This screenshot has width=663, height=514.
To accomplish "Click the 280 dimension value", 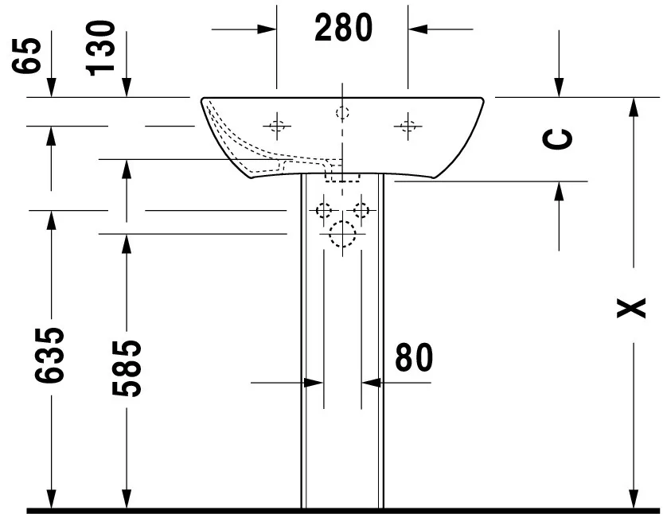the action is (x=343, y=28).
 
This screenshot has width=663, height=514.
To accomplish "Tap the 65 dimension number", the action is (x=26, y=56).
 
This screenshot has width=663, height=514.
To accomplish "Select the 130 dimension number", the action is (x=100, y=49).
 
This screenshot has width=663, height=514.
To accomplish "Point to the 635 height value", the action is (x=49, y=355).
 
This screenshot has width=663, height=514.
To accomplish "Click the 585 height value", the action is (x=127, y=368).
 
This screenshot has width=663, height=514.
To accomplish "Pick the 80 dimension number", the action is (x=414, y=357).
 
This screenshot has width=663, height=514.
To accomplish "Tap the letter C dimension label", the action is (x=558, y=139).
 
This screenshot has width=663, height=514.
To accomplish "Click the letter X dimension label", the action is (x=631, y=308).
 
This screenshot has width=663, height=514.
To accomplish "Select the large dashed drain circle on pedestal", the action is (x=342, y=234).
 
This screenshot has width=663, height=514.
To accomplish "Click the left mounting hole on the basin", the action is (x=277, y=126).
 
